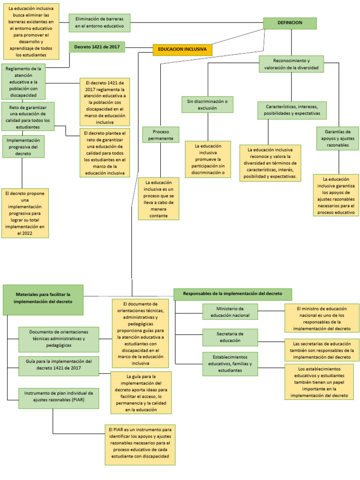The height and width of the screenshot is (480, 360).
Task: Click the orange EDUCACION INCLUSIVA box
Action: coord(182,50)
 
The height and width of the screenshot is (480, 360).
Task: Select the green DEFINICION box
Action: coord(290,23)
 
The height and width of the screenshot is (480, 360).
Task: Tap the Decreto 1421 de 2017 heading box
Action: coord(97,47)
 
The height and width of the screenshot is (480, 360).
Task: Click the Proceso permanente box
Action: coord(161,135)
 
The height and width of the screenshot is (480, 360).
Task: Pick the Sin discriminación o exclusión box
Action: coord(208,105)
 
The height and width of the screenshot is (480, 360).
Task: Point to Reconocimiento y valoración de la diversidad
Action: coord(291,64)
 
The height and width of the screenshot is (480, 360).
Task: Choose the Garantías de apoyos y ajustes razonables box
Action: coord(337,138)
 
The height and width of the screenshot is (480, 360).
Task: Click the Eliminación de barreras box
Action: coord(99,22)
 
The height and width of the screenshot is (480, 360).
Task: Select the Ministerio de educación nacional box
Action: coord(230,312)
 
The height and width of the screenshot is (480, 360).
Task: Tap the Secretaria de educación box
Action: coord(230,337)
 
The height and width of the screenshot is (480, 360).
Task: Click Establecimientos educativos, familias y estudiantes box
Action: coord(230,364)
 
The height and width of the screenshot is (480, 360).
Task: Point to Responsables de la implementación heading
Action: coord(233,294)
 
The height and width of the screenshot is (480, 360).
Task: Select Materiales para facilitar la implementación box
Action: coord(43,300)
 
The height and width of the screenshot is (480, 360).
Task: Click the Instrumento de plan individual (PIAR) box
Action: coord(59,398)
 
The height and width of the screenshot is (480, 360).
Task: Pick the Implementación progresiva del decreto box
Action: coord(23,146)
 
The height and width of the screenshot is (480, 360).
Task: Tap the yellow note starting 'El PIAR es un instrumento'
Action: coord(140,444)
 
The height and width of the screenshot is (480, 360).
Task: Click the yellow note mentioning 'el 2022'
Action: coord(25,213)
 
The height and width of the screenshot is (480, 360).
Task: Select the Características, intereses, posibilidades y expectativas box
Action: coord(292,110)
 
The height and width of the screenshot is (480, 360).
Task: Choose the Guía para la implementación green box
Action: coord(59,366)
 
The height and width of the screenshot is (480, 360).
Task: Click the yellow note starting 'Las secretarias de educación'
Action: coord(322,350)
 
